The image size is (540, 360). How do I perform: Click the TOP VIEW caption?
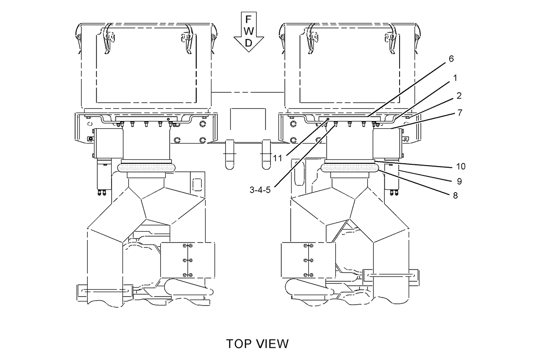[257, 344]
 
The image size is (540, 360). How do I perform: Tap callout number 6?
[451, 58]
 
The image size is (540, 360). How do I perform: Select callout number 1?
[454, 78]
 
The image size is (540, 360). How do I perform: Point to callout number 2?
[459, 96]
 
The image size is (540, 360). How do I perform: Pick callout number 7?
[460, 112]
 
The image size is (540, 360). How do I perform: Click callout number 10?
[461, 166]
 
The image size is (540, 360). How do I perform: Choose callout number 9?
[459, 181]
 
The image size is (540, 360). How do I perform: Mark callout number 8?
[455, 195]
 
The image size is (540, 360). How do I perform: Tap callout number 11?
[278, 158]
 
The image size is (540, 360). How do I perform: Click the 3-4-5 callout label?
[260, 190]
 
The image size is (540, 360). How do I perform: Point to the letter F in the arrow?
[248, 19]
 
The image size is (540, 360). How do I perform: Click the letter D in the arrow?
[248, 43]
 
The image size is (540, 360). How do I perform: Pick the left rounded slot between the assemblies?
[229, 154]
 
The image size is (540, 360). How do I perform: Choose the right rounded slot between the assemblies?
[266, 154]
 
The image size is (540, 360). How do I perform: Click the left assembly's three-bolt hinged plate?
[188, 260]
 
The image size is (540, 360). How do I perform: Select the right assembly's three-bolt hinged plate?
[308, 260]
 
